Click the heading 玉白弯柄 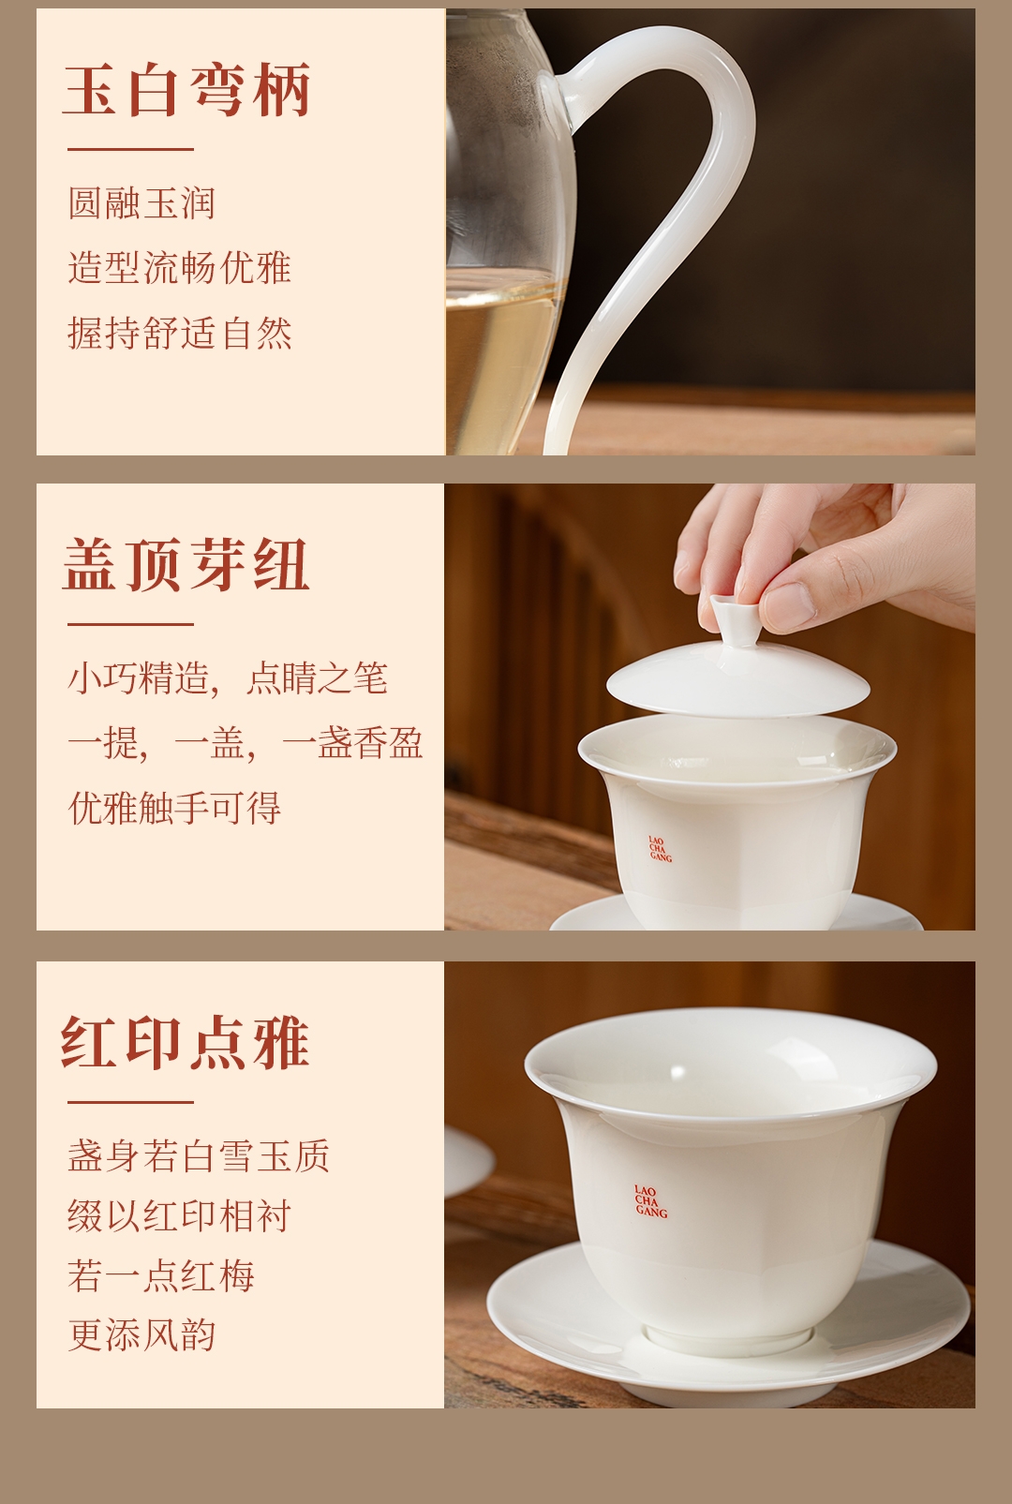coord(186,89)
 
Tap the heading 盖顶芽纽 coord(186,565)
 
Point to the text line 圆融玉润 coord(141,202)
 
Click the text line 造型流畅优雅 coord(179,267)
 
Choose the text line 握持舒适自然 coord(179,333)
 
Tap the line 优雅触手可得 coord(174,808)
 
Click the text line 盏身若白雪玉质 coord(198,1155)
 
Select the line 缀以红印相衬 coord(179,1216)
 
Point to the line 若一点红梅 coord(160,1275)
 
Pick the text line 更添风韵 coord(141,1334)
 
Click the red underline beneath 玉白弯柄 coord(130,149)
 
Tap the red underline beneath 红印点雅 coord(130,1102)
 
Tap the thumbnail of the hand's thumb coord(788,604)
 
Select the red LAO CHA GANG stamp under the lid coord(660,849)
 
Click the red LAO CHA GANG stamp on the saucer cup coord(650,1201)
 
